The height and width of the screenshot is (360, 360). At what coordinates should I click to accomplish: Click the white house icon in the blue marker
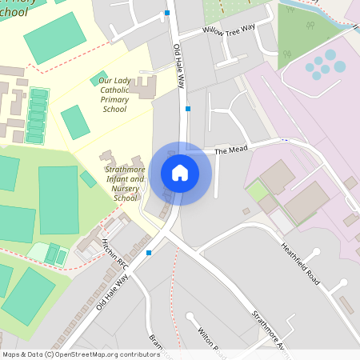coord(180,173)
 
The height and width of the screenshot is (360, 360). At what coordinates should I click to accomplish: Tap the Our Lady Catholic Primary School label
coord(114,94)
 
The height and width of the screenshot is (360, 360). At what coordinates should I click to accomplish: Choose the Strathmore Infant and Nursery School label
coord(126,183)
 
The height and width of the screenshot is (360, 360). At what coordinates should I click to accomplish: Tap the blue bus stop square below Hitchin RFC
coord(149,254)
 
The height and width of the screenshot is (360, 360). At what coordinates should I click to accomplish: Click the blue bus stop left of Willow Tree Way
coord(166,13)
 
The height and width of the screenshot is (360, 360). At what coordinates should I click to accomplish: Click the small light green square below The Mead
coord(257,191)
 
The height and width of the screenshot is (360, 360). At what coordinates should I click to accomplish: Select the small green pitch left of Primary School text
coord(74,122)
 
